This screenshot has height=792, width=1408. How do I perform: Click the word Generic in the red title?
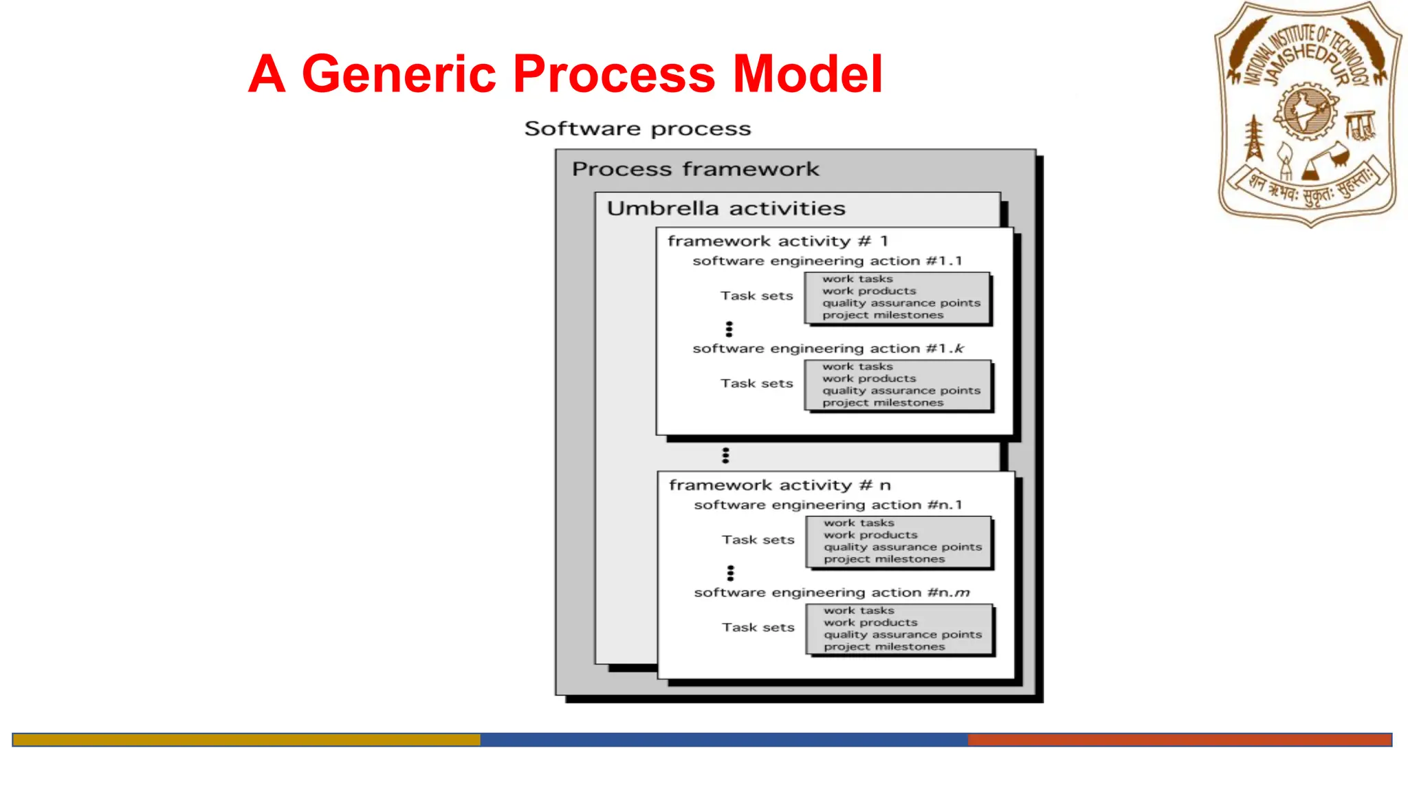click(399, 74)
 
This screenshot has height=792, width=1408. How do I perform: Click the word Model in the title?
click(807, 74)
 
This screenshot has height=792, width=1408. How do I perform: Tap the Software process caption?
click(637, 129)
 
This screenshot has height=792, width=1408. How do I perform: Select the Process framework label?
click(695, 169)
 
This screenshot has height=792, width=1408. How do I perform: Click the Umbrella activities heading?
click(726, 208)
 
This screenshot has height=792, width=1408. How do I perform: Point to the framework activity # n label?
click(780, 485)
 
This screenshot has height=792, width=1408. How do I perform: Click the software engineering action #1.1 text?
click(827, 261)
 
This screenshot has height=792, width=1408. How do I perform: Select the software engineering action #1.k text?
click(828, 349)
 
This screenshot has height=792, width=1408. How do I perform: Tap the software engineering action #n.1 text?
click(828, 505)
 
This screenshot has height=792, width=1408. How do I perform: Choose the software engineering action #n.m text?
click(831, 593)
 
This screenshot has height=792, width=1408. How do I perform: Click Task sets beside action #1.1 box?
click(756, 296)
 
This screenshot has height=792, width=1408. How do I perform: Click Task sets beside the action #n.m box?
click(758, 628)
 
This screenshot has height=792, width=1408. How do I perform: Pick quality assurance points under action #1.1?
click(901, 303)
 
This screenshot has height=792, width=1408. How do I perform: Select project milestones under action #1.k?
click(883, 403)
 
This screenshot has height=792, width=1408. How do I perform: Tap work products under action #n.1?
click(870, 535)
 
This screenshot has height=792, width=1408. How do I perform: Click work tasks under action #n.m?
click(859, 610)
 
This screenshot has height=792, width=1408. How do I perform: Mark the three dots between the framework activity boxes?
click(725, 455)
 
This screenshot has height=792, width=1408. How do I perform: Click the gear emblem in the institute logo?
click(1305, 111)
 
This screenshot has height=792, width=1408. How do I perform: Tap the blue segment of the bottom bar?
click(723, 740)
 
